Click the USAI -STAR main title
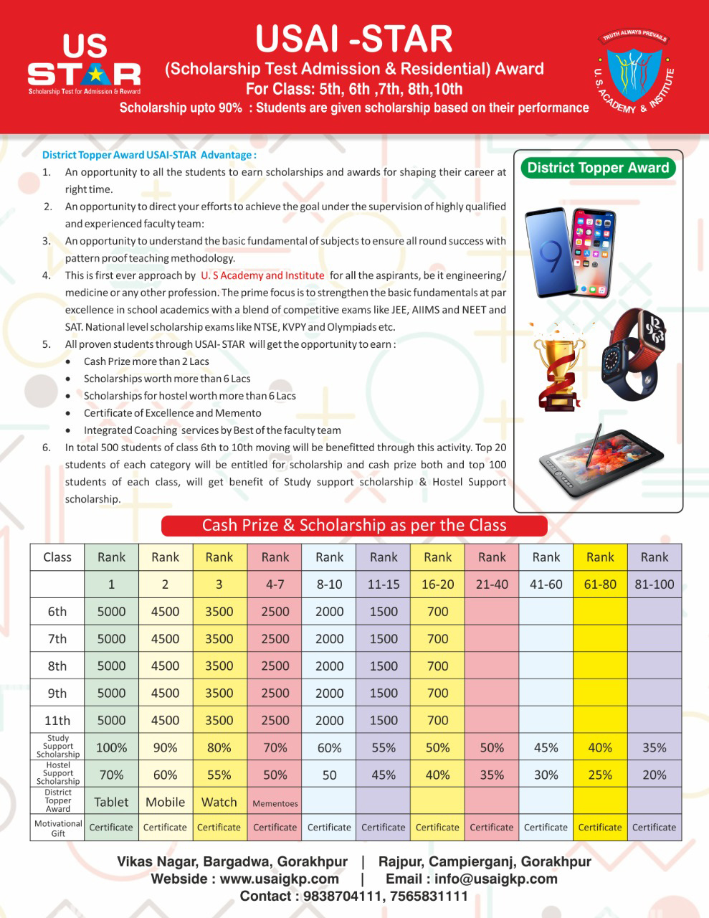tap(354, 39)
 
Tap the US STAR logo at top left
tap(84, 64)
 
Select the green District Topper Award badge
tap(598, 168)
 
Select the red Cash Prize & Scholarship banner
tap(354, 525)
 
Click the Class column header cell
tap(57, 557)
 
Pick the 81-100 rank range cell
tap(654, 585)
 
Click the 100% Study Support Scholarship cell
tap(111, 747)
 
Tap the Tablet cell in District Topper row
tap(111, 802)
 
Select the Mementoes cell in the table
tap(275, 803)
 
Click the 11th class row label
tap(57, 721)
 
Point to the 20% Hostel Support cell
tap(654, 775)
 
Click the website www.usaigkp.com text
tap(279, 879)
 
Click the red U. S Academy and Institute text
tap(262, 275)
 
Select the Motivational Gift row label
tap(57, 828)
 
